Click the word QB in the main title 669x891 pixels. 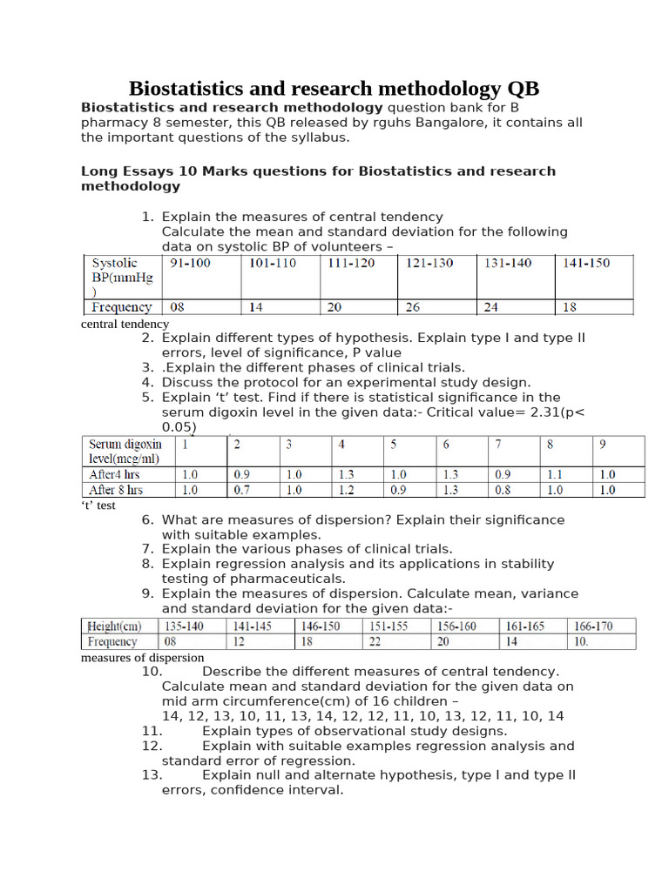(523, 89)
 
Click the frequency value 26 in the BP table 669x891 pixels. (414, 306)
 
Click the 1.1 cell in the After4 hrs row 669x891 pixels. (556, 474)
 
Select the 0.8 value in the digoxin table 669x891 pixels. (503, 490)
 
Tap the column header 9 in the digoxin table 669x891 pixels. (603, 445)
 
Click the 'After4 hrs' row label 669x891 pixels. (114, 474)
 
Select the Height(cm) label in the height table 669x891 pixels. (113, 626)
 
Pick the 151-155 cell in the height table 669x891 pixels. (389, 626)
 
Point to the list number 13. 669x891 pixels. (152, 775)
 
